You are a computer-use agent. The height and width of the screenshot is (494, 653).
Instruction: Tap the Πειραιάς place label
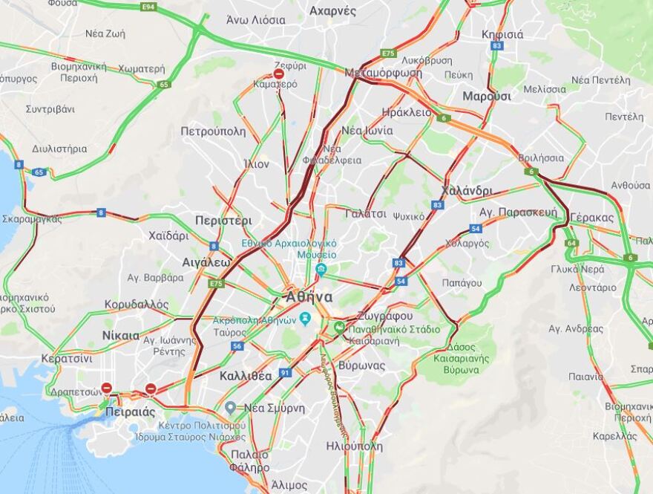click(131, 411)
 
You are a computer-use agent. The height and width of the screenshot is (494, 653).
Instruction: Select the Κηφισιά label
click(502, 34)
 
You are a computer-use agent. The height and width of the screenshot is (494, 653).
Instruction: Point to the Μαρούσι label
click(487, 96)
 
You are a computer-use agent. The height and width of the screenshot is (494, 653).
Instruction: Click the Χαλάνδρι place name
click(466, 190)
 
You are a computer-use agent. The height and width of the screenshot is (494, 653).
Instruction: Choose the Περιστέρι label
click(223, 221)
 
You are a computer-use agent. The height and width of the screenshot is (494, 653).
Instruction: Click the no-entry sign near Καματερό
click(279, 74)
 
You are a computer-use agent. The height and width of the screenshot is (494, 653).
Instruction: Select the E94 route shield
click(148, 7)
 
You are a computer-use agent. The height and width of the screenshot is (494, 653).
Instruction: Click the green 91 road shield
click(285, 372)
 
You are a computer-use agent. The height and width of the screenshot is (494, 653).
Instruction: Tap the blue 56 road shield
click(237, 346)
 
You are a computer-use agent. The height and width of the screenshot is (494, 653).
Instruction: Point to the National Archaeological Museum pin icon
click(321, 269)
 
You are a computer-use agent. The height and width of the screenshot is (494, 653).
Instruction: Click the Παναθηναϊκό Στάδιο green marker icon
click(339, 327)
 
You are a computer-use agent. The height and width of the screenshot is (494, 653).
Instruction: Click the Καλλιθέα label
click(246, 376)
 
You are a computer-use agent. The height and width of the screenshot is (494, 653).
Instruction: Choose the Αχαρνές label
click(332, 11)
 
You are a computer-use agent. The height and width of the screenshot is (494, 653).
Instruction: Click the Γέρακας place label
click(593, 218)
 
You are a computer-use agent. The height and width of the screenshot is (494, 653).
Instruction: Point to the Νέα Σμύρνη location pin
click(231, 407)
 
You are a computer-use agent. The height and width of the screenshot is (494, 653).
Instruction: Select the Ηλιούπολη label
click(354, 446)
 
